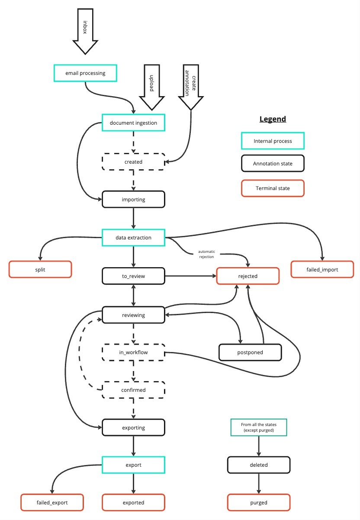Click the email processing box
coord(85,73)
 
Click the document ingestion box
coord(133,123)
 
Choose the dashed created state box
coord(133,162)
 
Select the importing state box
coord(133,200)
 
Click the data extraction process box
coord(133,238)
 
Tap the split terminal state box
coord(40,269)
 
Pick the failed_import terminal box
coord(323,269)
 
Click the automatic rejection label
coord(206,254)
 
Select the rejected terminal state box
coord(247,276)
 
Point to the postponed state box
coord(251,352)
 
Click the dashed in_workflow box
coord(133,352)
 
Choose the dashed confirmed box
coord(133,390)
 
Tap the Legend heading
coord(273,119)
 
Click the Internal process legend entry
coord(273,141)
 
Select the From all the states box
coord(259,427)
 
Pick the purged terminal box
coord(259,503)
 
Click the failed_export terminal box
coord(52,503)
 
